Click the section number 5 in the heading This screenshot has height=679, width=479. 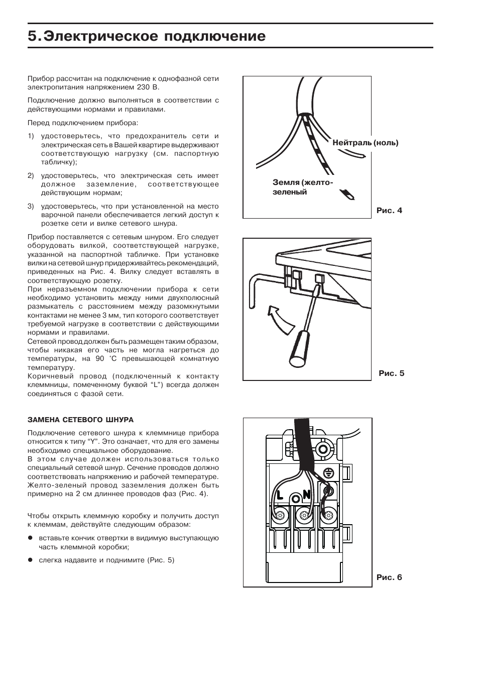33,36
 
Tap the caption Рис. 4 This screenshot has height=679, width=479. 389,211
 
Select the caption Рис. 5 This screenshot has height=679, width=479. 391,373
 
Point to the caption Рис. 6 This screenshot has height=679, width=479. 389,577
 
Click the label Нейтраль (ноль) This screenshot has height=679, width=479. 365,143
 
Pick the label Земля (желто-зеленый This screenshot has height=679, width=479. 302,187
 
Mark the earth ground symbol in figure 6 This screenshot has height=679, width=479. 328,472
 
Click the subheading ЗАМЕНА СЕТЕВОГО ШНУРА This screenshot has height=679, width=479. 80,420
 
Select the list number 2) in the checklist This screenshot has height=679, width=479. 31,175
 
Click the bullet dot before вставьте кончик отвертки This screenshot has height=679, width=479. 30,538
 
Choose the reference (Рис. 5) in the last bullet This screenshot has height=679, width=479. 161,560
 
